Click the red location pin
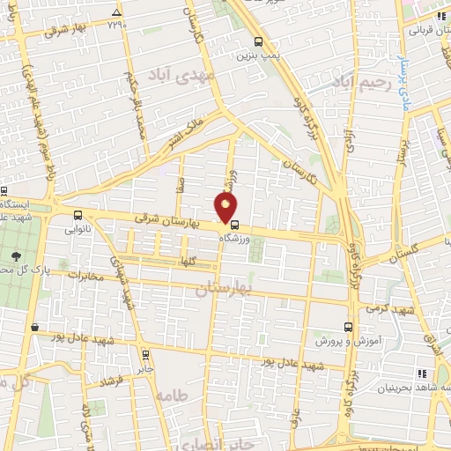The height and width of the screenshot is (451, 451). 226,208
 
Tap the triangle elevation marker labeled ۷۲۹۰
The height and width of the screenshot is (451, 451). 117,12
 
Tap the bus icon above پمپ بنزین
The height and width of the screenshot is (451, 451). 257,42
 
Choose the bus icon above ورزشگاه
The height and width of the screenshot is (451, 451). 233,224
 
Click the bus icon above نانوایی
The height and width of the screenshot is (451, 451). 78,215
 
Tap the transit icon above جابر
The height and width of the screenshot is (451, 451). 139,357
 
